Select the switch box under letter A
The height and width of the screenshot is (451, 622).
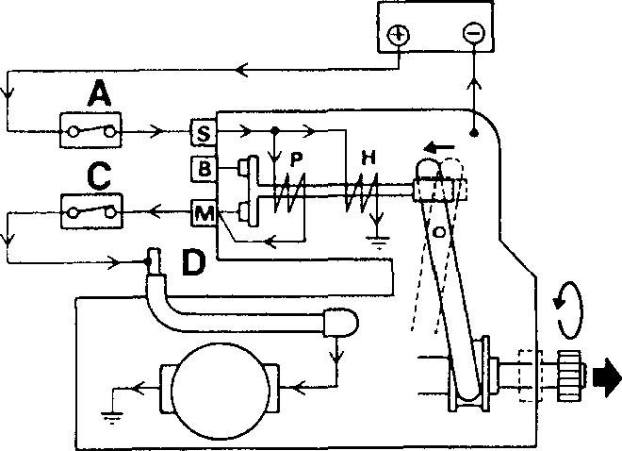coord(91,131)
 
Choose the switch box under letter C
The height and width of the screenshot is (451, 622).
coord(91,212)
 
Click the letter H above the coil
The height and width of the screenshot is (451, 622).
coord(369,159)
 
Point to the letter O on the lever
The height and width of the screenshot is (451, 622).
coord(439,230)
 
